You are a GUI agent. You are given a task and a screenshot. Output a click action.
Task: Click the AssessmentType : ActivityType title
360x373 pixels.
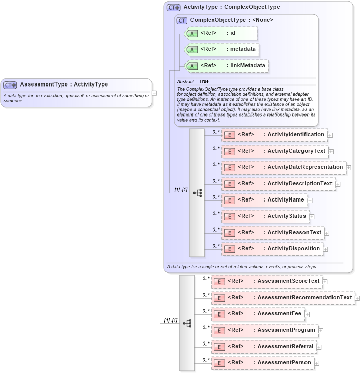pos(64,84)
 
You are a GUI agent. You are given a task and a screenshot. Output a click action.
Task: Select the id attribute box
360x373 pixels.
pos(221,33)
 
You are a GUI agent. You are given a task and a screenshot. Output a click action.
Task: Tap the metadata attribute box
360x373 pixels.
pos(222,49)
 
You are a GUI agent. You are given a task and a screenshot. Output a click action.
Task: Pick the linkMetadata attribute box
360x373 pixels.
pos(227,66)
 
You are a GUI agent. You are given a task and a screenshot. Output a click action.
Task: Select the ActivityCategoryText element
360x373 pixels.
pos(275,151)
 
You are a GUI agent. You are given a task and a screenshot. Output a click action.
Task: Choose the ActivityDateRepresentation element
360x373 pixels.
pos(284,167)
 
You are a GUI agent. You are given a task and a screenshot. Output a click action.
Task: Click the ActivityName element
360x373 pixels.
pos(264,200)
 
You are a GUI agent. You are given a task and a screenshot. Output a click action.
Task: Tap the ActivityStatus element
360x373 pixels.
pos(265,216)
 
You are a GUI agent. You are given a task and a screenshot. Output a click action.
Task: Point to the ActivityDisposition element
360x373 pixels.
pos(272,249)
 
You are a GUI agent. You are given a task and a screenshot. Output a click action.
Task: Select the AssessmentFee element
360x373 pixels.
pos(258,314)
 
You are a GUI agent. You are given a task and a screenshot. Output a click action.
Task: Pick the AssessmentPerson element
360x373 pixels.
pos(262,363)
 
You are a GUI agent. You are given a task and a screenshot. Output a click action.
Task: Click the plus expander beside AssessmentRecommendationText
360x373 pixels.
pos(357,298)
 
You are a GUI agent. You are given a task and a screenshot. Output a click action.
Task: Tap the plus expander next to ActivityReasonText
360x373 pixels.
pos(327,233)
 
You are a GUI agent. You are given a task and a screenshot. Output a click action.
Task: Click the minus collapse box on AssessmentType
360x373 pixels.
pos(154,93)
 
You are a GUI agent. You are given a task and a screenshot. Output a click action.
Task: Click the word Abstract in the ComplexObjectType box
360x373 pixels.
pos(186,81)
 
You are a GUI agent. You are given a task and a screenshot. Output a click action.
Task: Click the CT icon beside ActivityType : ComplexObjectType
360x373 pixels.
pos(174,8)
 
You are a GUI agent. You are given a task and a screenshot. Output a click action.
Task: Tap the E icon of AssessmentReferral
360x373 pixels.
pos(218,347)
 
